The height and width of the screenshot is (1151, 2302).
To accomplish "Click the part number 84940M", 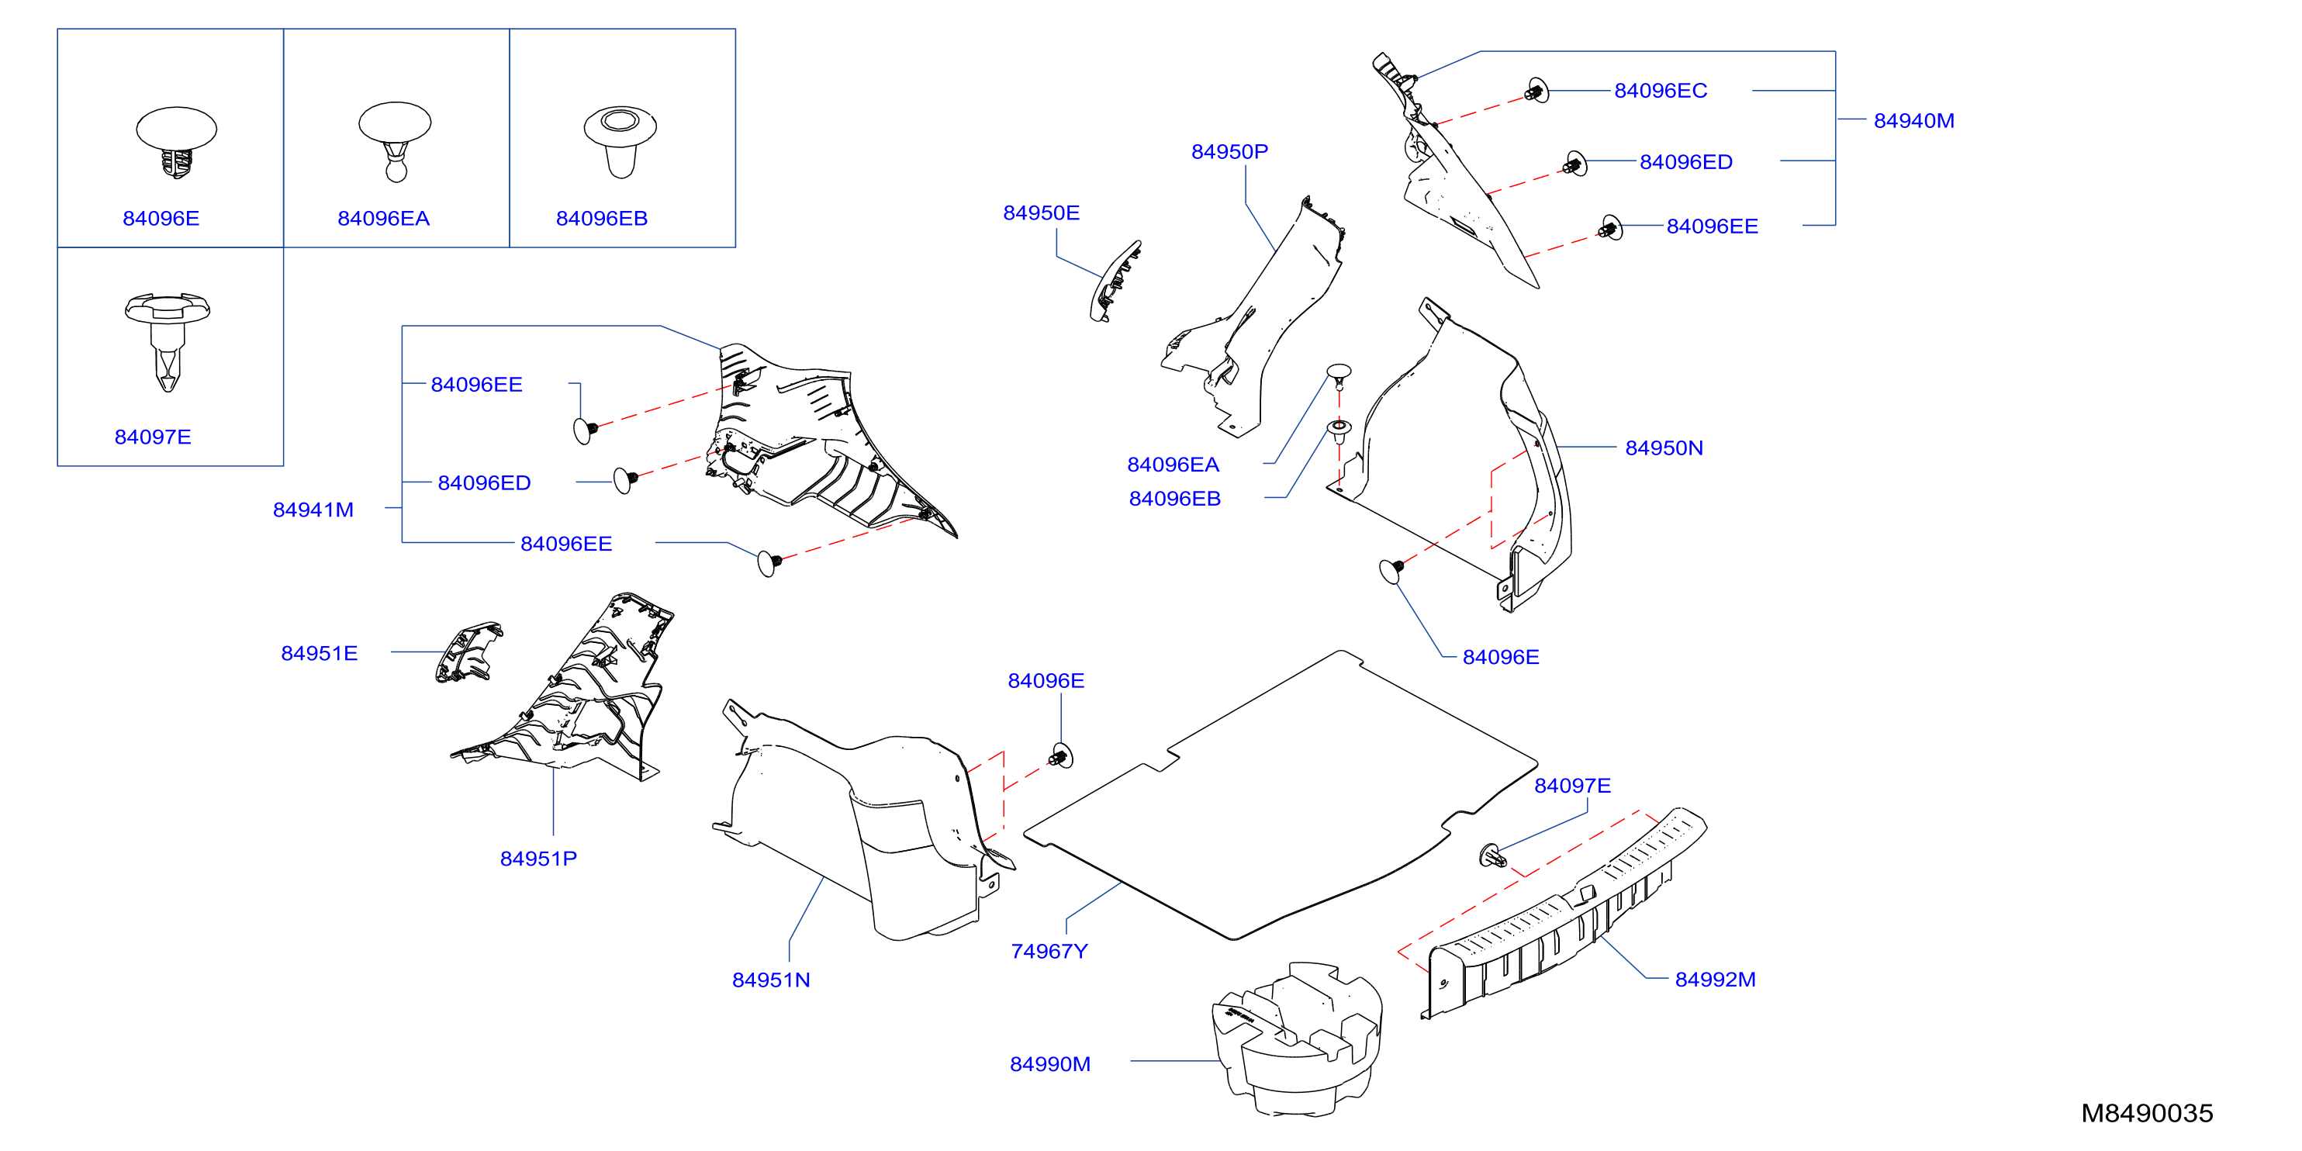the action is click(1913, 121).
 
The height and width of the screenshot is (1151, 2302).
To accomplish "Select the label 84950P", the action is click(1229, 152).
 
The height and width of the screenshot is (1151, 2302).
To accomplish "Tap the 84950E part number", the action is click(1041, 213).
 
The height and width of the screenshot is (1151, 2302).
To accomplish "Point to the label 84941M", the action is click(313, 510).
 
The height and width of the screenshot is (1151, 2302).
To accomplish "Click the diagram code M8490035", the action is click(2147, 1114).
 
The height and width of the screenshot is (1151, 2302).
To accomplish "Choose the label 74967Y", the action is click(1049, 951).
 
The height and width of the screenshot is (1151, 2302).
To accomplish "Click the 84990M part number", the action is click(1050, 1063).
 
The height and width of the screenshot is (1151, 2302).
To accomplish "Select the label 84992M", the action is click(1715, 980).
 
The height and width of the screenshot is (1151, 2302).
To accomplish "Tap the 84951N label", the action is click(771, 980).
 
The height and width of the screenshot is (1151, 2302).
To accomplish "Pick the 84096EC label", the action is click(1661, 90).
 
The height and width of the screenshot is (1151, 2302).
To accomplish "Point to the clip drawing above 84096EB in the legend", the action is click(620, 142).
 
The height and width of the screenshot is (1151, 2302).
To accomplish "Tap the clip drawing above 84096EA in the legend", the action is click(395, 141).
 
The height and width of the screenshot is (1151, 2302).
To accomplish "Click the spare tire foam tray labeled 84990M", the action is click(1297, 1039).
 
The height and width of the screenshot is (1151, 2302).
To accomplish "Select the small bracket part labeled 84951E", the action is click(468, 652).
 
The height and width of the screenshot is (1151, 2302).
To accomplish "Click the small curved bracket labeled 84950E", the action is click(1115, 281).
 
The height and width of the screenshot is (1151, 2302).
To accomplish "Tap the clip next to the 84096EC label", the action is click(1536, 90).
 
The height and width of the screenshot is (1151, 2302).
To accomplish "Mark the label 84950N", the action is click(1664, 448).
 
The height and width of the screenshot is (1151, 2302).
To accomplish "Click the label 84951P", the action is click(538, 859).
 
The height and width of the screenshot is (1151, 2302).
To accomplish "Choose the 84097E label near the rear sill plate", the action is click(1572, 786).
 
